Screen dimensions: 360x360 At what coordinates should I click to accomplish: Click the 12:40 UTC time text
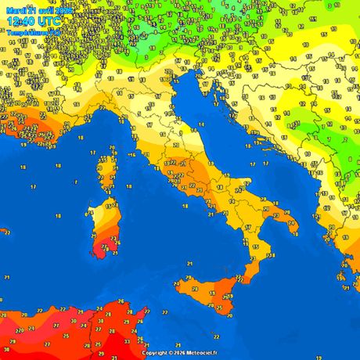pyautogui.click(x=32, y=21)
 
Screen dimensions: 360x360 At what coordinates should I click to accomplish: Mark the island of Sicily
pyautogui.click(x=211, y=290)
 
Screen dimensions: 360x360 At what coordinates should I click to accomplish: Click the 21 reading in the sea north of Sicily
pyautogui.click(x=189, y=265)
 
